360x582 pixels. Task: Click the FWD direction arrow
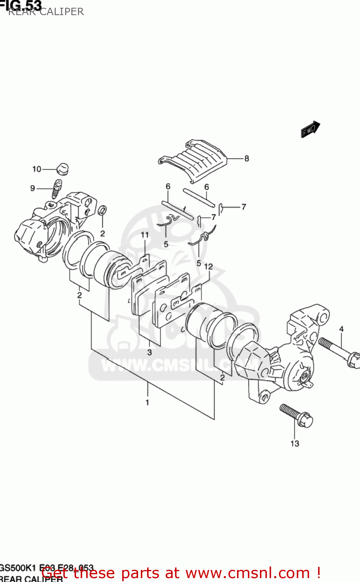pyautogui.click(x=310, y=129)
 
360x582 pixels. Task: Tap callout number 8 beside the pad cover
pyautogui.click(x=247, y=158)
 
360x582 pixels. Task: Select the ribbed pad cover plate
pyautogui.click(x=194, y=161)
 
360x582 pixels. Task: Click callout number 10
pyautogui.click(x=36, y=169)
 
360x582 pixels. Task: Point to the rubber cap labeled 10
pyautogui.click(x=62, y=169)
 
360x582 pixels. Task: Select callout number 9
pyautogui.click(x=33, y=188)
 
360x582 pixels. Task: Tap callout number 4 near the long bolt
pyautogui.click(x=341, y=329)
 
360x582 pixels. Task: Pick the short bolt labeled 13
pyautogui.click(x=296, y=416)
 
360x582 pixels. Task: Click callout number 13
pyautogui.click(x=295, y=443)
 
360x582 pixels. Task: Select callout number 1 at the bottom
pyautogui.click(x=147, y=402)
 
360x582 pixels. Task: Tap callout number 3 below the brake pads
pyautogui.click(x=149, y=352)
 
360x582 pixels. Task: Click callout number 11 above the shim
pyautogui.click(x=145, y=235)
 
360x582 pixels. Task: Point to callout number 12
pyautogui.click(x=209, y=267)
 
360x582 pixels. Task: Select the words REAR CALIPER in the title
pyautogui.click(x=46, y=12)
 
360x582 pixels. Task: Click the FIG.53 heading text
pyautogui.click(x=21, y=5)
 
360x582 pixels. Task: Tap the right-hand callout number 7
pyautogui.click(x=244, y=207)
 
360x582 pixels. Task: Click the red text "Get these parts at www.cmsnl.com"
pyautogui.click(x=181, y=573)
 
